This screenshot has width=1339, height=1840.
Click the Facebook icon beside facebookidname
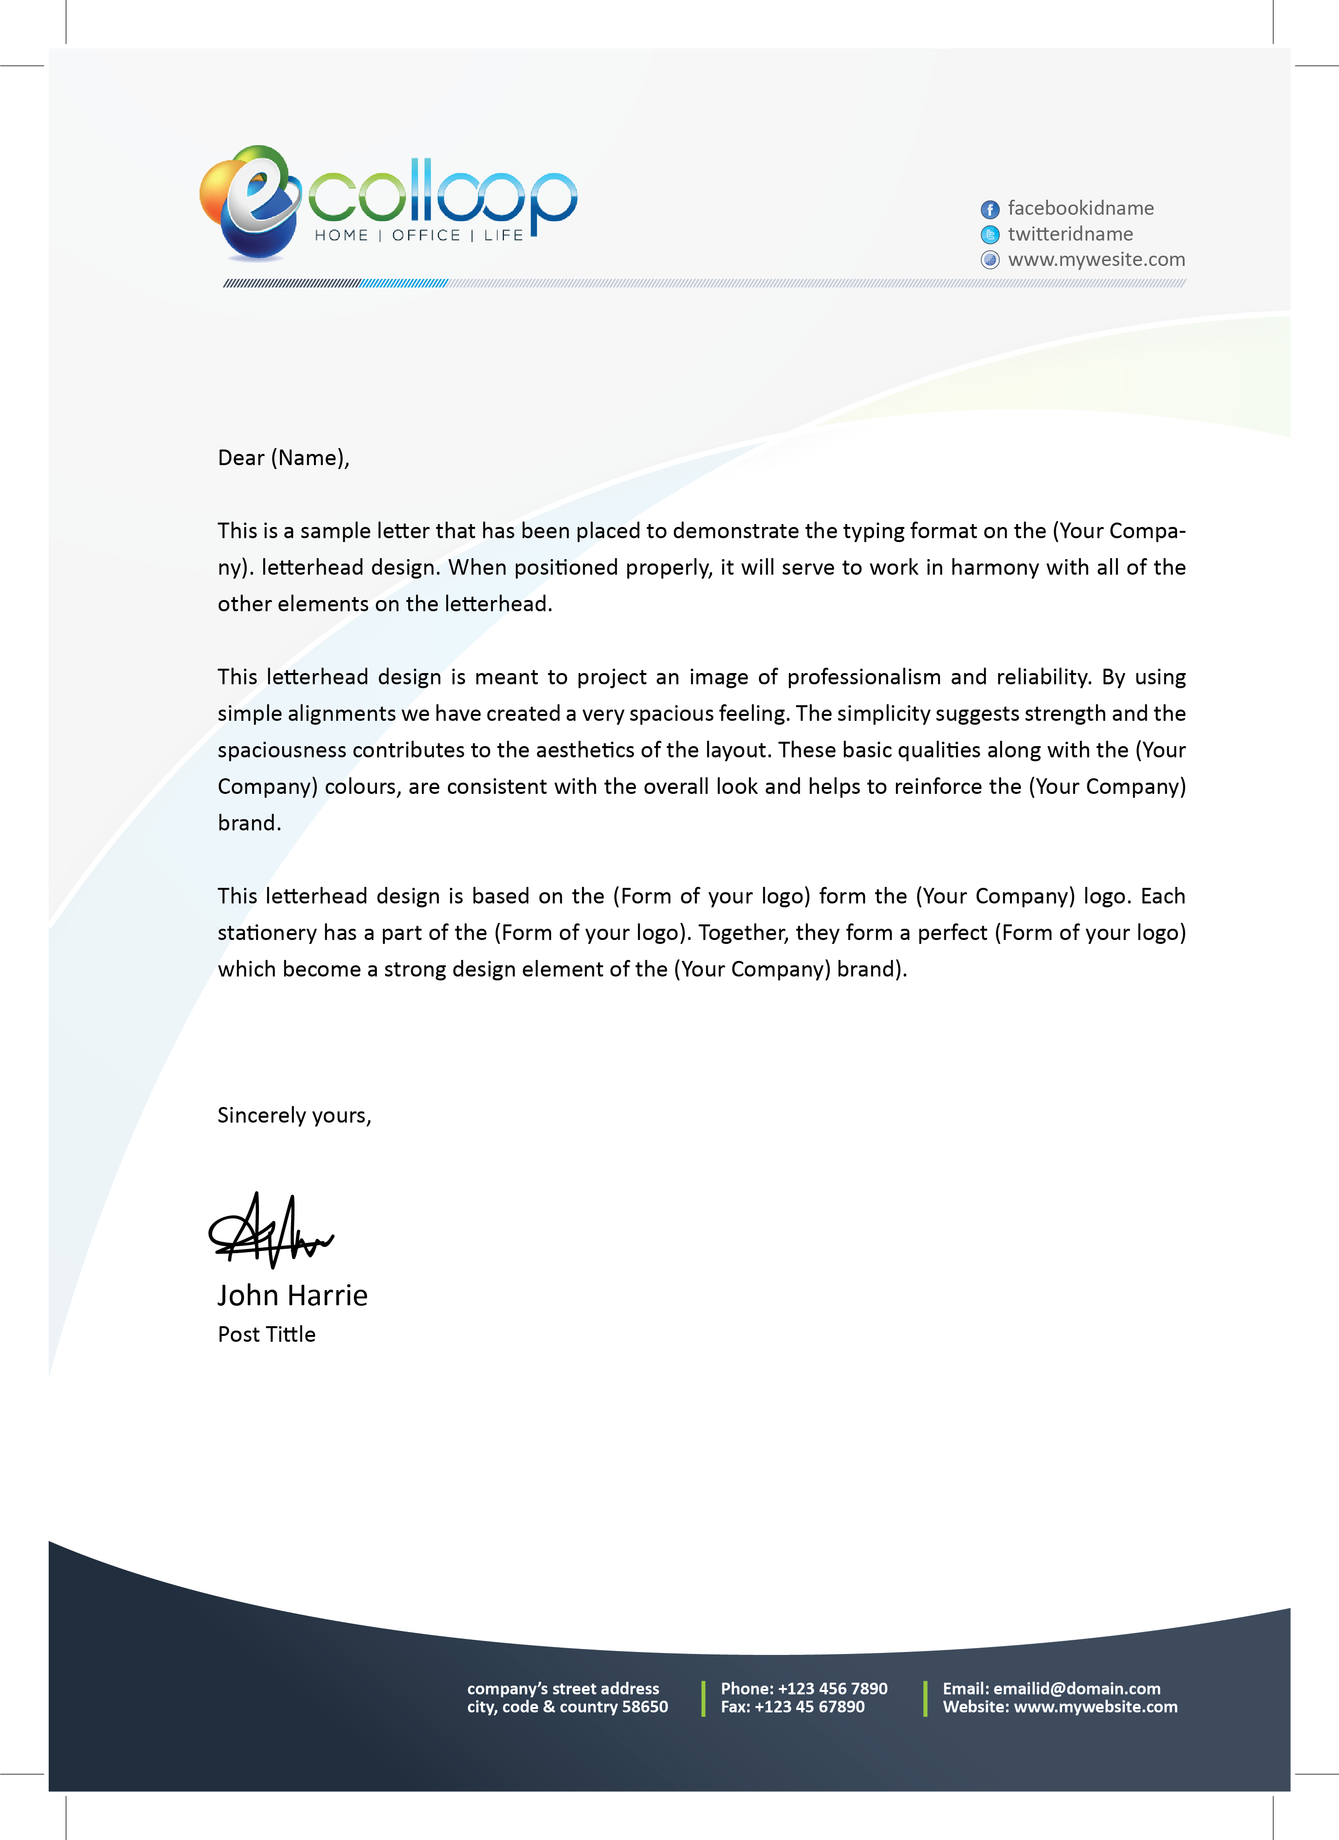click(990, 209)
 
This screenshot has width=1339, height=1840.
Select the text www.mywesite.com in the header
click(1096, 260)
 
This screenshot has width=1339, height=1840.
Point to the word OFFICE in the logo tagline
click(426, 235)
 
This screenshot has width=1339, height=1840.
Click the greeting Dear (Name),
click(283, 458)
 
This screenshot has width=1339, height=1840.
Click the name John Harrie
click(292, 1296)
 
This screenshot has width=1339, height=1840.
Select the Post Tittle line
click(266, 1334)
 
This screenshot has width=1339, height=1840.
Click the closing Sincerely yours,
click(293, 1115)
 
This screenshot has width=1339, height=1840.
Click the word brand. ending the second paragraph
click(249, 824)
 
